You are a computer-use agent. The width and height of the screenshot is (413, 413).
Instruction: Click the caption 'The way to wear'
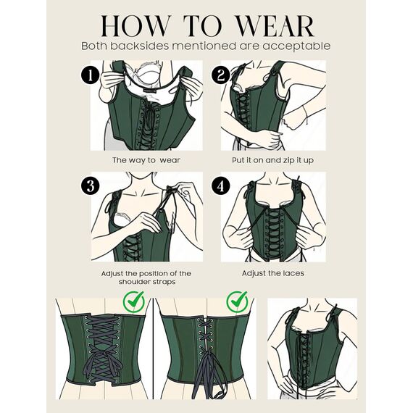(146, 159)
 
